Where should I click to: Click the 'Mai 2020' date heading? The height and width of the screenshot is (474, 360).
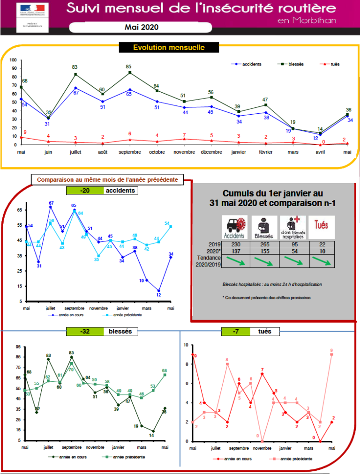point(142,27)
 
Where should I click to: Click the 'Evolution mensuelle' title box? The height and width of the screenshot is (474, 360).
point(169,47)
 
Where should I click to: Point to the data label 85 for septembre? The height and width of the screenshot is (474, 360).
point(129,67)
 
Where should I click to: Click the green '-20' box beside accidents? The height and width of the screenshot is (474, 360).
point(84,191)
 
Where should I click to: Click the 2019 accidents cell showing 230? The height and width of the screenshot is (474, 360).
point(236,244)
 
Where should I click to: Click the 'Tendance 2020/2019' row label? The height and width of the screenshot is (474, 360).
point(208,261)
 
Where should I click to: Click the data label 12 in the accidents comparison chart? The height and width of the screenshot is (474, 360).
point(159,295)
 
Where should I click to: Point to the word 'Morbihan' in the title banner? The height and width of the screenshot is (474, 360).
point(314,20)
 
